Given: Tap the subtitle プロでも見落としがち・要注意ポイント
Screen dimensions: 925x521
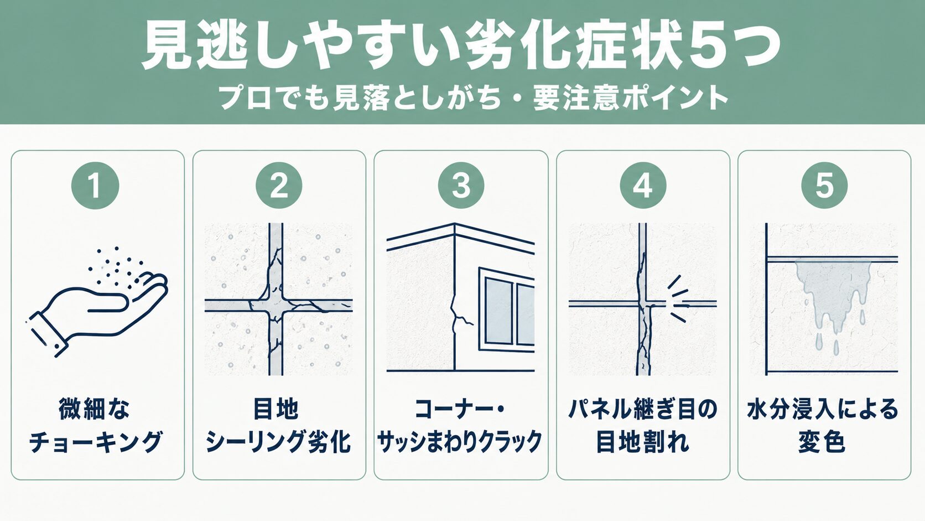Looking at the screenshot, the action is point(472,98).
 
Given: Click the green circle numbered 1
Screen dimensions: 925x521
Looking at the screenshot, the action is point(95,185).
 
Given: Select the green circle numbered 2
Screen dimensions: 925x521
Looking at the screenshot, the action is point(279,185).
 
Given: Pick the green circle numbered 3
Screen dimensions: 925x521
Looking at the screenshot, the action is point(461,185).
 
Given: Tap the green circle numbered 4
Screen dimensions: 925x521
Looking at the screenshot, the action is point(643,185).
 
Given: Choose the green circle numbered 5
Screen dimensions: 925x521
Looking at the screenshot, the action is point(824,185).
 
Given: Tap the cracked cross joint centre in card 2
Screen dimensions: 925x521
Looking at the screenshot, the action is point(276,305).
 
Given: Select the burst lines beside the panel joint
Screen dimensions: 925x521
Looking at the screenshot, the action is point(677,298).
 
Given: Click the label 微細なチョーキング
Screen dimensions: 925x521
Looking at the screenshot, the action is point(95,425).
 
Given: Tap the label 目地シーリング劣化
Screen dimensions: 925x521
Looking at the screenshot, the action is point(278,425).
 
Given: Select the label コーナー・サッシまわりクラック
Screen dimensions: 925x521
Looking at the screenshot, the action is point(460,425).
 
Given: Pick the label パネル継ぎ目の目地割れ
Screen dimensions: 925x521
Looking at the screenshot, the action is point(643,425).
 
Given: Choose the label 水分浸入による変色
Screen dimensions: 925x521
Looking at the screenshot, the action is point(823,425).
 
